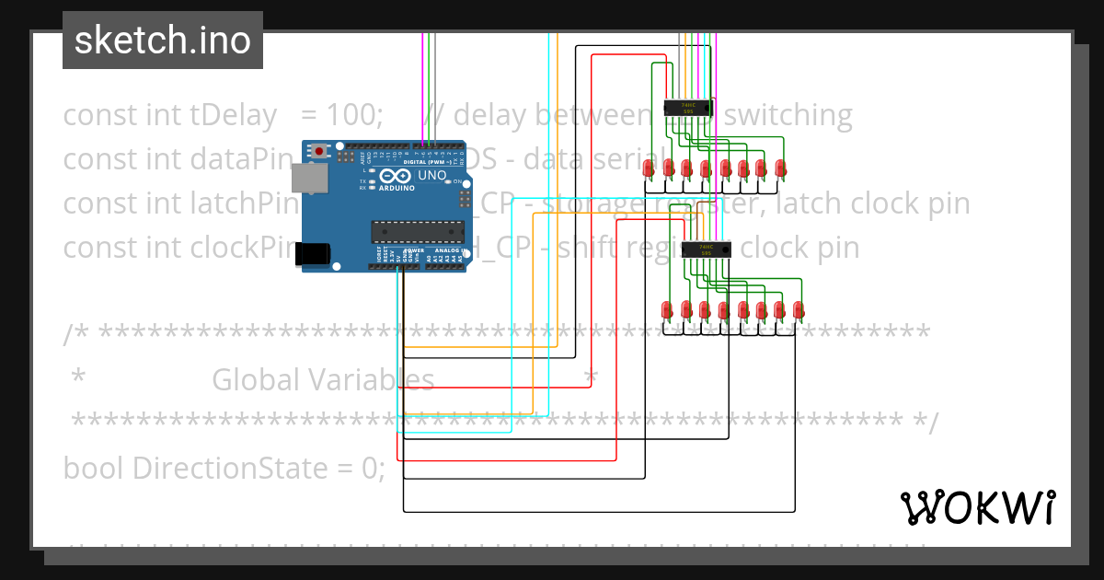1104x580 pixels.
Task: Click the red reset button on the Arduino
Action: (319, 151)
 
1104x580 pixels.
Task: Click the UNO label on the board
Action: (431, 176)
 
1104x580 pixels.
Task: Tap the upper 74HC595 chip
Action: (688, 109)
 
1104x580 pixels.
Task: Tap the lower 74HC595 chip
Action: (707, 249)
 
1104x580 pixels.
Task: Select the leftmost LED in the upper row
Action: (649, 168)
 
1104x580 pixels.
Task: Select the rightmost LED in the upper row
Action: (780, 168)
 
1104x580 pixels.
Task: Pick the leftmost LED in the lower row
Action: (667, 309)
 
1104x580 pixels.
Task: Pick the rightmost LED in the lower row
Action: (799, 309)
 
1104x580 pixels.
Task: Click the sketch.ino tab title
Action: (163, 40)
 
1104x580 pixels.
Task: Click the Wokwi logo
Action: (977, 508)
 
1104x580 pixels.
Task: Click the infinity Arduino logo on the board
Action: (395, 177)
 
